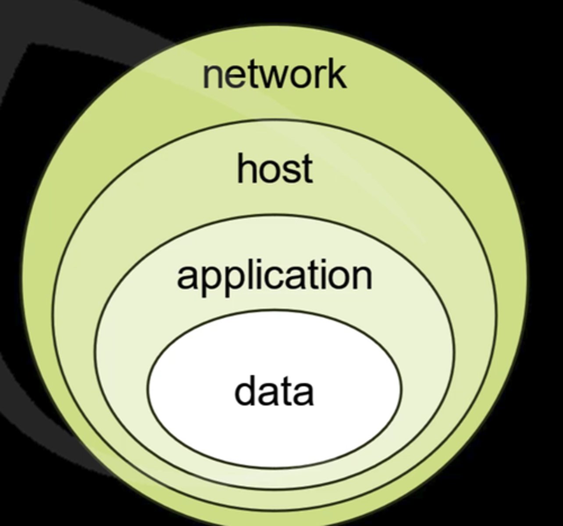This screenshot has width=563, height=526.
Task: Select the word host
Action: tap(275, 168)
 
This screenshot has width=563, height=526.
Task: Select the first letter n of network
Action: tap(212, 77)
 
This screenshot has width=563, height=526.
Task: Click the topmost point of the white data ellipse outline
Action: tap(274, 310)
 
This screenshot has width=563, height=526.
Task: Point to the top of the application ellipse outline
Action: tap(274, 215)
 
